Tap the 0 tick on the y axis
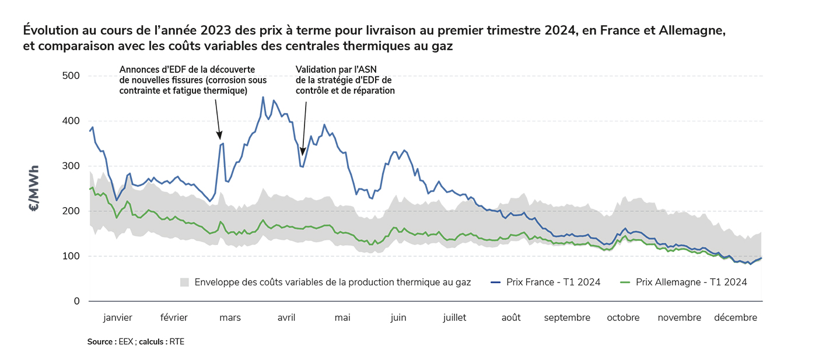(x=76, y=302)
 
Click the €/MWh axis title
(x=35, y=189)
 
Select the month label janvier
(x=118, y=318)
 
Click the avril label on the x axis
(x=286, y=318)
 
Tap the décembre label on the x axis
(x=736, y=318)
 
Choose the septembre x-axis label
(x=567, y=318)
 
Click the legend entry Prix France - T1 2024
(x=553, y=282)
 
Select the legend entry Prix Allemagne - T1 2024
(x=691, y=282)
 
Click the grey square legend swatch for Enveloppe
(x=185, y=282)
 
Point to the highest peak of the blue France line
(x=263, y=97)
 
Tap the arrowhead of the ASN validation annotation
(x=303, y=152)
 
